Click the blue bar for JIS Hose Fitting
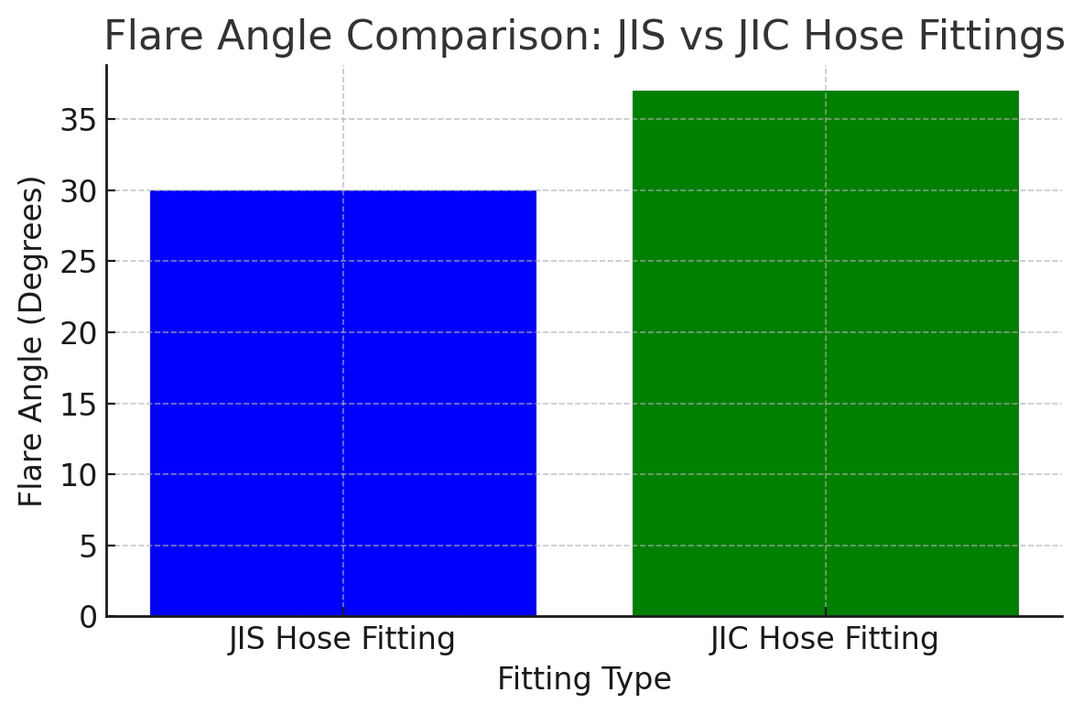coord(343,403)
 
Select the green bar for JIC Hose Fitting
coord(825,353)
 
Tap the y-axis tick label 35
coord(79,120)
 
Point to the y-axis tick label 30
coord(79,191)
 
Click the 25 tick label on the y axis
coord(79,262)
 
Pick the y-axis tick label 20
coord(79,333)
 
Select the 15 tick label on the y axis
coord(79,404)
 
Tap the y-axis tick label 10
coord(79,475)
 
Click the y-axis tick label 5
coord(88,546)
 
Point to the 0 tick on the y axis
coord(88,617)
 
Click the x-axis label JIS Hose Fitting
coord(341,639)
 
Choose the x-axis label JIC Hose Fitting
coord(824,639)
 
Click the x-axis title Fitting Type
coord(584,679)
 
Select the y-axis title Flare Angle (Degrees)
coord(32,341)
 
